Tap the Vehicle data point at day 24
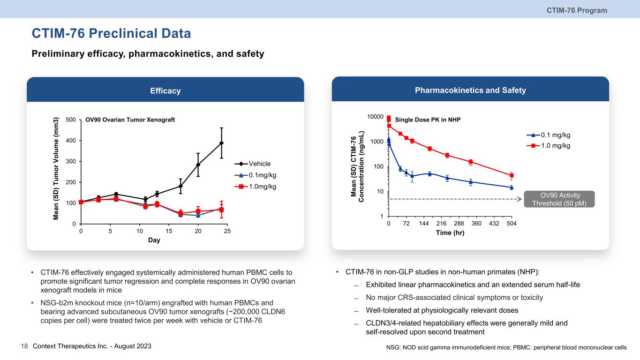point(221,143)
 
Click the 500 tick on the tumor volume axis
point(71,120)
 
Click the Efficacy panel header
point(166,91)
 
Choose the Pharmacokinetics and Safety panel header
point(470,90)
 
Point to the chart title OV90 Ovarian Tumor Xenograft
point(130,120)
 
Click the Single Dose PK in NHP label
point(428,120)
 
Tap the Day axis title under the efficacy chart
point(154,240)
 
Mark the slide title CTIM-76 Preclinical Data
point(111,34)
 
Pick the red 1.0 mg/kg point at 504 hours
point(512,175)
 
